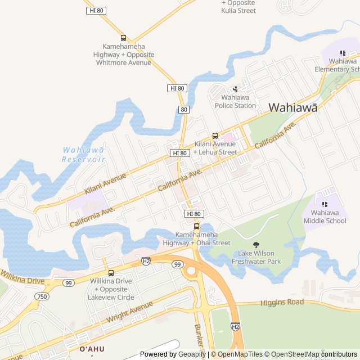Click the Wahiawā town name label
coord(292,107)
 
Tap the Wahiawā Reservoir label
coord(83,154)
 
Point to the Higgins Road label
coord(282,303)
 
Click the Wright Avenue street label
coord(129,313)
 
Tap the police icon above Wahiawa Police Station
coord(235,88)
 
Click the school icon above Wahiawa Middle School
coord(325,204)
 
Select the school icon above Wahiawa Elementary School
coord(343,52)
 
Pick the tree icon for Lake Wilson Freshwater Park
coord(256,245)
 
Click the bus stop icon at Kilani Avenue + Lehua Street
coord(215,136)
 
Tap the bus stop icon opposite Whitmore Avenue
coord(124,38)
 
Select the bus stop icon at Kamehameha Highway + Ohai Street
coord(196,226)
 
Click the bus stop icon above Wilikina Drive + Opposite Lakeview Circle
coord(111,273)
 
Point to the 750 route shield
coord(42,296)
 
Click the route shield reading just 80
coord(184,110)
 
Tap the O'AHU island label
coord(92,349)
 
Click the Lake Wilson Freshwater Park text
coord(256,257)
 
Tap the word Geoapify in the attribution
coord(191,354)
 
